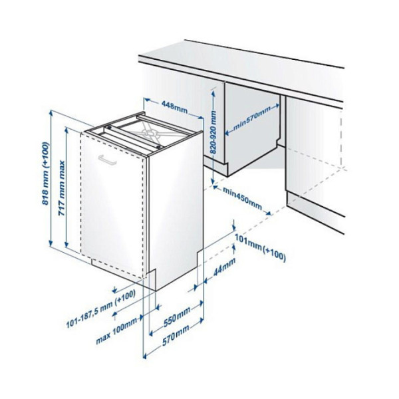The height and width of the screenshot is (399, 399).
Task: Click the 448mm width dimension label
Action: (174, 107)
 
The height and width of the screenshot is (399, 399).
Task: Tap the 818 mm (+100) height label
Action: (45, 174)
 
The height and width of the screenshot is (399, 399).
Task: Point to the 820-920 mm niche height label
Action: (213, 132)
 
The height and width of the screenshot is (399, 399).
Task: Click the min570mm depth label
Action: (251, 119)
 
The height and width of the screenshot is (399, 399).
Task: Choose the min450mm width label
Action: (242, 198)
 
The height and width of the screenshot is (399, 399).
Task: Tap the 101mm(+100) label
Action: (260, 247)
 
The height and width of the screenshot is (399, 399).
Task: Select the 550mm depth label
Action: (177, 317)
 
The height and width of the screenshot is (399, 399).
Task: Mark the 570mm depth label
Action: (176, 335)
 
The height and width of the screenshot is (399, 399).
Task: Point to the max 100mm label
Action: (116, 331)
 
